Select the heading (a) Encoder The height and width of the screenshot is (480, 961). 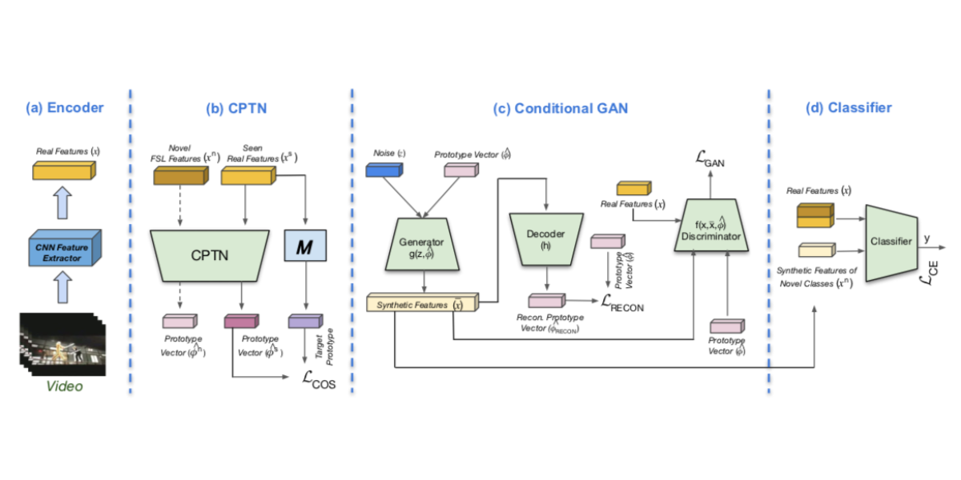(x=64, y=108)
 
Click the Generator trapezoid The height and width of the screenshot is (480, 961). (x=422, y=243)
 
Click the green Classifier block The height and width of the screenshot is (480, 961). (x=890, y=241)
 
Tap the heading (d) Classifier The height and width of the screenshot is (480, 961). (x=848, y=108)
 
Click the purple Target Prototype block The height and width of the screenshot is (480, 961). (x=304, y=322)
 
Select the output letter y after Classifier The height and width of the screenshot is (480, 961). (x=927, y=238)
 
